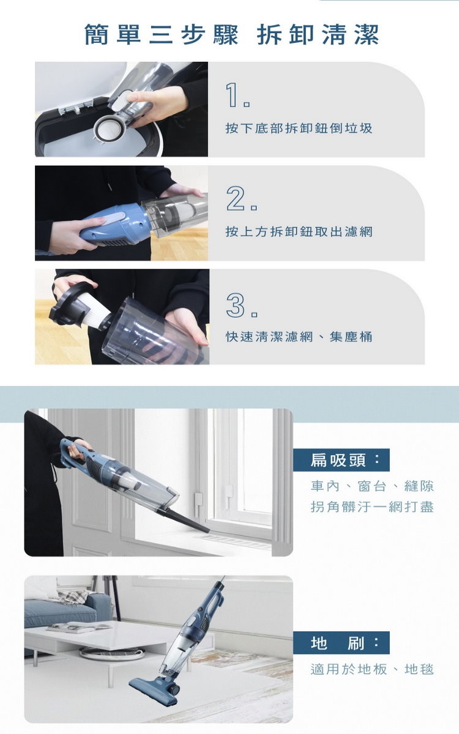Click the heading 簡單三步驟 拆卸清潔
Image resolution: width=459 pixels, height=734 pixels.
coord(231,35)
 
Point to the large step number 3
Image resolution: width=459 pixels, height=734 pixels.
coord(236,305)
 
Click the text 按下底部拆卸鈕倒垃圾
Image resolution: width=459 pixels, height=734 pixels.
coord(299,128)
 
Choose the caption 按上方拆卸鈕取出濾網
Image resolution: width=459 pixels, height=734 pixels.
coord(299,232)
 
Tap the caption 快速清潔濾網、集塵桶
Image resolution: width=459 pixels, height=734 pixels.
coord(299,336)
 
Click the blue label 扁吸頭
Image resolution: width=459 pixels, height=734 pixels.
coord(341,460)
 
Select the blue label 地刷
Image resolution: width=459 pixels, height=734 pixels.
coord(341,643)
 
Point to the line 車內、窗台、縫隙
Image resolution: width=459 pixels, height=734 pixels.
coord(372,486)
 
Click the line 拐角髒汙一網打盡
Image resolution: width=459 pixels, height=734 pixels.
coord(372,506)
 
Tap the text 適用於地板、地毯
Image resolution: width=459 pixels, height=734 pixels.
coord(372,669)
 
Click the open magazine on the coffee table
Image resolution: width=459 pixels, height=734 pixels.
coord(80,626)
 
